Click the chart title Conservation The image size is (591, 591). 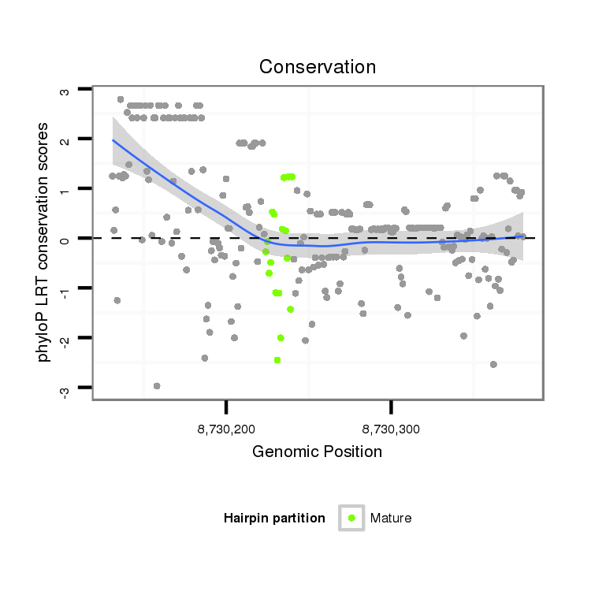318,67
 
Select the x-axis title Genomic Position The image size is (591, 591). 317,452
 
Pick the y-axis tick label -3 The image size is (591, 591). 65,389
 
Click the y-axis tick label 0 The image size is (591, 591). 65,240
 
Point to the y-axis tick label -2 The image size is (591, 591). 65,340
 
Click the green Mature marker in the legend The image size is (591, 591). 351,518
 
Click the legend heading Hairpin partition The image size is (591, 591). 274,519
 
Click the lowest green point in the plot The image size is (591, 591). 277,360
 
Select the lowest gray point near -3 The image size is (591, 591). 157,386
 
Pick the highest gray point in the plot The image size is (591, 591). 121,100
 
